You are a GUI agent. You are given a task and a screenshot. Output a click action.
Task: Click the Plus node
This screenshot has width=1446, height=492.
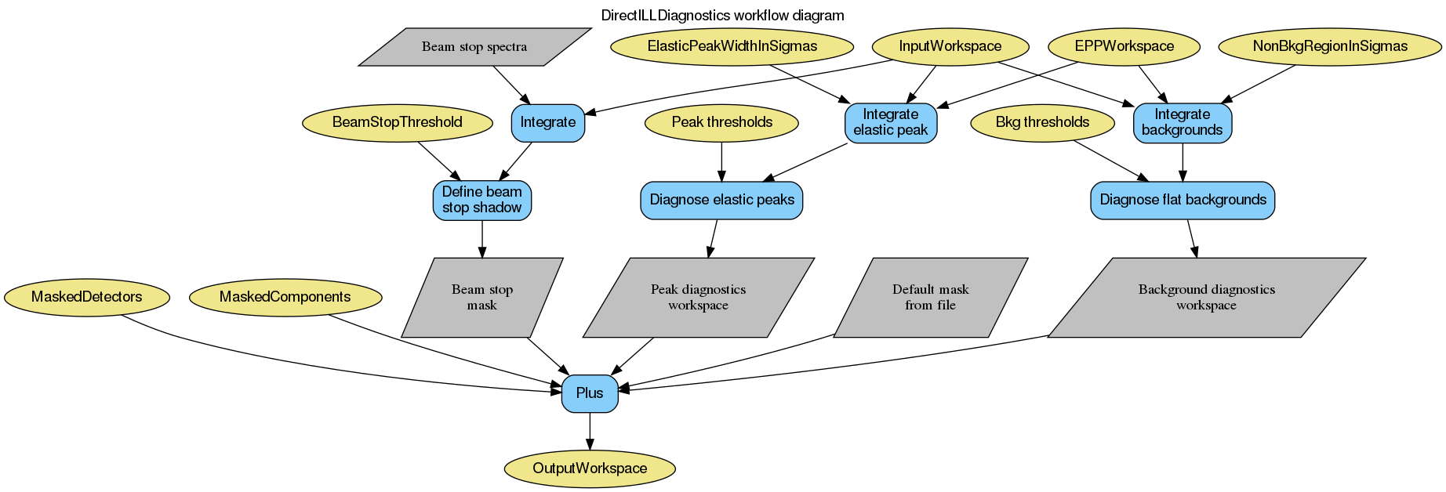coord(590,393)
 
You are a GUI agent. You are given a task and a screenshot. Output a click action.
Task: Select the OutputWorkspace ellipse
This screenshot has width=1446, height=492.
coord(590,468)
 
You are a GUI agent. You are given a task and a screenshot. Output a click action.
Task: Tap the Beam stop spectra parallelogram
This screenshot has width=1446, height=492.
coord(474,47)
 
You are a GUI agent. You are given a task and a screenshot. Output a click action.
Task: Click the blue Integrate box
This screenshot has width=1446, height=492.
coord(547,122)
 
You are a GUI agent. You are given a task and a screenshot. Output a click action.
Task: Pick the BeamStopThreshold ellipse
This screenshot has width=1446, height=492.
coord(397,122)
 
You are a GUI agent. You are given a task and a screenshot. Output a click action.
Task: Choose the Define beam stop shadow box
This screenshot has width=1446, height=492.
coord(481,200)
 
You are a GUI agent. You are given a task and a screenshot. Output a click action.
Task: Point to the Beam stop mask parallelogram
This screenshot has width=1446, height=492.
coord(481,298)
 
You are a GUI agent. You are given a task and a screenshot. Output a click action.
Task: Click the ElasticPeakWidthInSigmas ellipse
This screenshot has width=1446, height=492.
coord(732,46)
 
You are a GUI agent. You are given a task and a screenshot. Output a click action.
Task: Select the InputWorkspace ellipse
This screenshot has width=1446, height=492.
coord(950,46)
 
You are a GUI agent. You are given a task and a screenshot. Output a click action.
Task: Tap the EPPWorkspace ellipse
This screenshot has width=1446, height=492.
coord(1124,46)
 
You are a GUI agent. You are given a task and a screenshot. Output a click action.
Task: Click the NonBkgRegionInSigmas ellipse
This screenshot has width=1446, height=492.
coord(1329,46)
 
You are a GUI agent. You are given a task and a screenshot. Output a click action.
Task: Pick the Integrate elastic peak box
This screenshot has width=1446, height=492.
coord(890,122)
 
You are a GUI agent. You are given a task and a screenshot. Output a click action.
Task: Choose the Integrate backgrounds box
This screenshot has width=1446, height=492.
coord(1182,122)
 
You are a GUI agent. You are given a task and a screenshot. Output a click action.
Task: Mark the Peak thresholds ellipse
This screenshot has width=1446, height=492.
coord(721,122)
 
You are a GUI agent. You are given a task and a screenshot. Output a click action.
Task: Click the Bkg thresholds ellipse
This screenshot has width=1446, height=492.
coord(1042,122)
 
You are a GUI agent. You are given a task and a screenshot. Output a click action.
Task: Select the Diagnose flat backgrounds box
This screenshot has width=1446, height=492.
coord(1183,200)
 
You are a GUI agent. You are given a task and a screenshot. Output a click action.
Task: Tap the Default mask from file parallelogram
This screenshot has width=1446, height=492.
coord(930,298)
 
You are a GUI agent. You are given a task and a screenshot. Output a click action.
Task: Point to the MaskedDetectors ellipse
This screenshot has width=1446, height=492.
coord(86,297)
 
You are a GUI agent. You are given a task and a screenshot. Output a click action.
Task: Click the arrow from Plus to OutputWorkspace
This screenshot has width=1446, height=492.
coord(590,431)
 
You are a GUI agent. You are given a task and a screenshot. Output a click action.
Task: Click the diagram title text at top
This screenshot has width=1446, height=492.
coord(722,16)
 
